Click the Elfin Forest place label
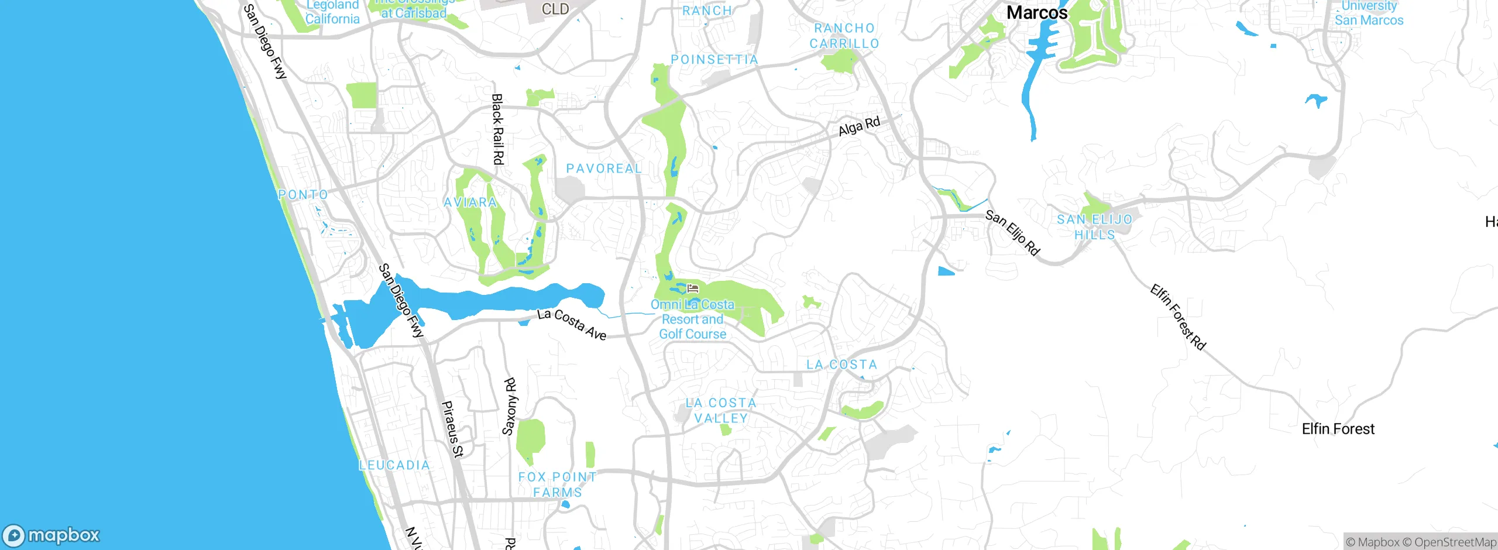point(1338,429)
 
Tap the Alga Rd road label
point(859,126)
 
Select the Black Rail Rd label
point(497,129)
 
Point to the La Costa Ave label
point(572,324)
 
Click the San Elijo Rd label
point(1012,233)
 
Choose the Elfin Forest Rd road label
point(1177,317)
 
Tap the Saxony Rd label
point(510,407)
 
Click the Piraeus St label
point(452,429)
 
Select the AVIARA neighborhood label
point(470,202)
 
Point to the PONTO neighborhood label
point(303,194)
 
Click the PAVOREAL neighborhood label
point(604,169)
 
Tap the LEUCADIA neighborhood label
point(394,465)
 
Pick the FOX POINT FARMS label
point(557,484)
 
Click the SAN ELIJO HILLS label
point(1094,227)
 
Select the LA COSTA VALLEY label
point(721,410)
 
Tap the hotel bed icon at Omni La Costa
point(693,288)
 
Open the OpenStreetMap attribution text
point(1455,542)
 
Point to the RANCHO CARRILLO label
point(844,36)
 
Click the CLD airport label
point(555,9)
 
